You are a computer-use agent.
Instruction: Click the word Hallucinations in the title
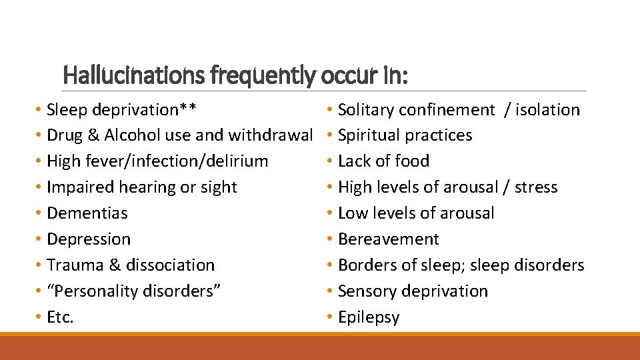(134, 75)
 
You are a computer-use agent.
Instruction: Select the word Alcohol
(132, 135)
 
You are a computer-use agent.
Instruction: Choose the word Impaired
(79, 187)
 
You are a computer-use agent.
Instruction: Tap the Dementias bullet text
(87, 213)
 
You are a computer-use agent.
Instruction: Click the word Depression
(89, 239)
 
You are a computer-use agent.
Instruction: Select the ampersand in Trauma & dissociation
(114, 265)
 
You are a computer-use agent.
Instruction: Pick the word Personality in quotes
(95, 291)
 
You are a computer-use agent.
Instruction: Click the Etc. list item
(60, 317)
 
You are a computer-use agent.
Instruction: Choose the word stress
(536, 187)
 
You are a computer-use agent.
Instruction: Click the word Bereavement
(389, 239)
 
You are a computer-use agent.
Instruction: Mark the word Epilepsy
(369, 317)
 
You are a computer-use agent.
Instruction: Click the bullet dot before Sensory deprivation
(330, 291)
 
